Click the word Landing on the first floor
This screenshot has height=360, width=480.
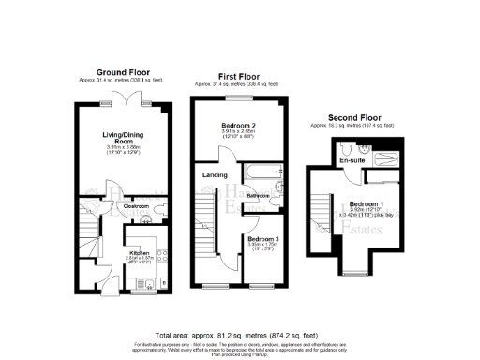pos(213,174)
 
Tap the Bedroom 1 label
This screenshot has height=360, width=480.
pos(362,204)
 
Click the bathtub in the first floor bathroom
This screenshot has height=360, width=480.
pos(262,172)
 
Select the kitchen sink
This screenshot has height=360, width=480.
pos(160,247)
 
